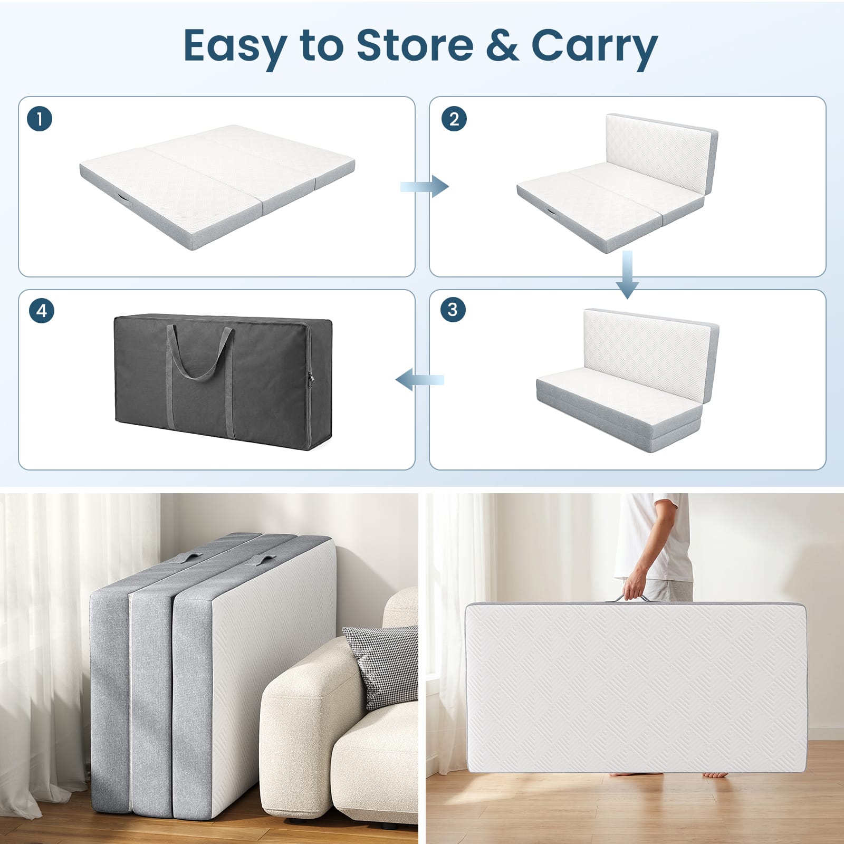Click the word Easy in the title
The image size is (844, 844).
[235, 46]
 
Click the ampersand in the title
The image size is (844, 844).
[502, 45]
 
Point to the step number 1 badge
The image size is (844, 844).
[40, 119]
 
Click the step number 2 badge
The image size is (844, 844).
[454, 119]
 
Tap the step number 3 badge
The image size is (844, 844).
[453, 309]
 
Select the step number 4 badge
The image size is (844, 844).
[42, 311]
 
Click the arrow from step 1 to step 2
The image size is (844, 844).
[424, 186]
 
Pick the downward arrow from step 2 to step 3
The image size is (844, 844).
[627, 274]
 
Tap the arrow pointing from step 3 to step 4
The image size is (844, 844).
[420, 379]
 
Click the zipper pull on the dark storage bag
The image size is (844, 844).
[311, 378]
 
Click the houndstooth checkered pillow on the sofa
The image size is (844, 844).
[381, 665]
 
